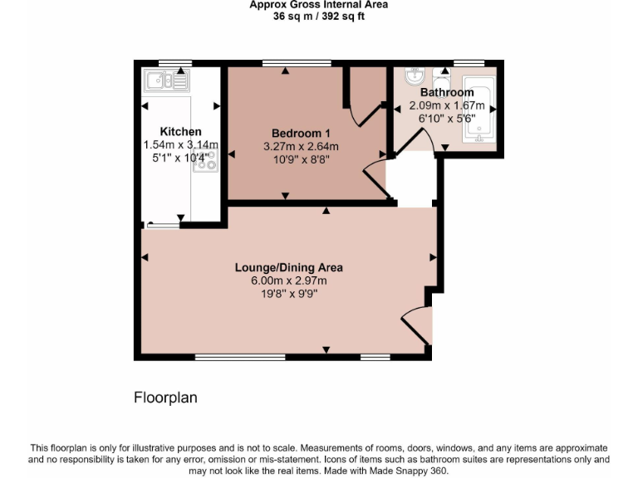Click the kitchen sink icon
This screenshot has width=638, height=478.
[166, 80]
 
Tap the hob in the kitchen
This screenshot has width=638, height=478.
[205, 161]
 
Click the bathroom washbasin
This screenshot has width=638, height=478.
[413, 76]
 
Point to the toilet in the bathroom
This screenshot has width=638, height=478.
[439, 80]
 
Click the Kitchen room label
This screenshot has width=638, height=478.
[180, 132]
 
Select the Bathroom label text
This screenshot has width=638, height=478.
[446, 92]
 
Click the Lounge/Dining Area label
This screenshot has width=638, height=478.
[288, 267]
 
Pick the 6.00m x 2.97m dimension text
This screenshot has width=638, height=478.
[288, 280]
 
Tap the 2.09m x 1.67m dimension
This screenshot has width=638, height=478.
[446, 105]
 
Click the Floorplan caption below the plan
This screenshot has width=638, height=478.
[165, 398]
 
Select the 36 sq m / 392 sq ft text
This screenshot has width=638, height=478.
[318, 15]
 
